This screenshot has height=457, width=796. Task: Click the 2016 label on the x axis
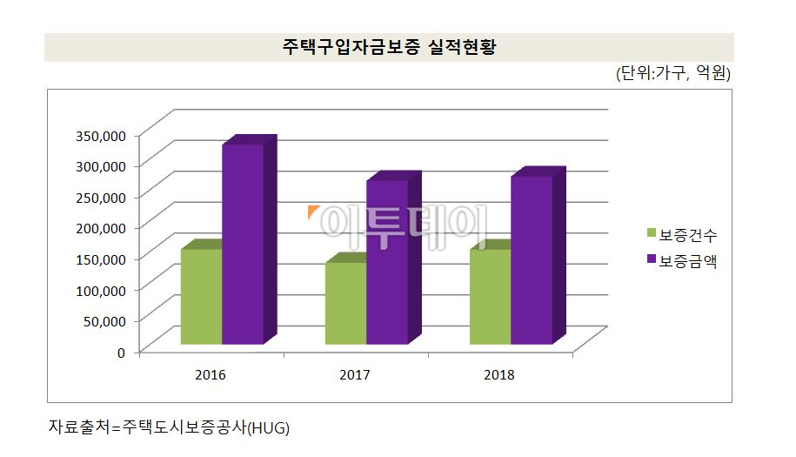coord(211,375)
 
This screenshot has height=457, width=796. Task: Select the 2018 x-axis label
coord(499,375)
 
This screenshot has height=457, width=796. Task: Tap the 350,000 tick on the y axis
coord(102,134)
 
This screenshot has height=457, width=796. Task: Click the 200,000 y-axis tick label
coord(102,227)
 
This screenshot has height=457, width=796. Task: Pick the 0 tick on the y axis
coord(122,352)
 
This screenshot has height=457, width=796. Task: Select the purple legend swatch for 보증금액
coord(651,259)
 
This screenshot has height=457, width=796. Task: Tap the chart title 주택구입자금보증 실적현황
coord(388,47)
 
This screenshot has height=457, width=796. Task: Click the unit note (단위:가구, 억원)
coord(672,74)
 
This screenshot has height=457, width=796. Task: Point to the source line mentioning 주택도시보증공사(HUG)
coord(169,428)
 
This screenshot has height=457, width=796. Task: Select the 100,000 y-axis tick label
coord(102,289)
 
